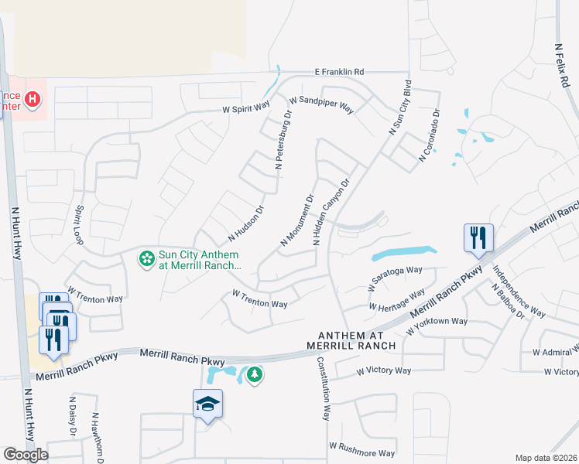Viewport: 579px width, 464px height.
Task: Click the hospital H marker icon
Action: (33, 99)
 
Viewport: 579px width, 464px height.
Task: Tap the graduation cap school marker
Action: (207, 404)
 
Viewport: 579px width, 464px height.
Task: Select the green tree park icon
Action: (254, 375)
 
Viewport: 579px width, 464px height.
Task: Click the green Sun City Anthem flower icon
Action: (146, 258)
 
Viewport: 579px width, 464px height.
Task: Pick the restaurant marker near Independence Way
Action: (478, 237)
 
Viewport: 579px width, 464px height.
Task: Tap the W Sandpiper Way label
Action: (320, 104)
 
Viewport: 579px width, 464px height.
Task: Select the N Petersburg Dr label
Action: (283, 140)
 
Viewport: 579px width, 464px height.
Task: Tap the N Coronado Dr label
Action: (430, 135)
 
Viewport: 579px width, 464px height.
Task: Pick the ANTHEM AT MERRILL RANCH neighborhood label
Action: (351, 339)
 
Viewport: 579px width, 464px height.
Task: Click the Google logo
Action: (26, 455)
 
